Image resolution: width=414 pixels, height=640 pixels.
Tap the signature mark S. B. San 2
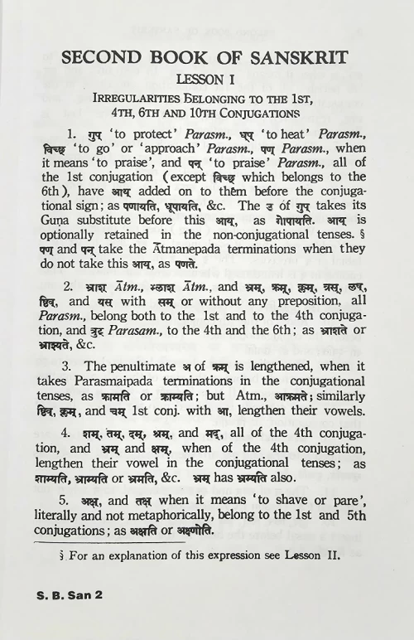(x=71, y=617)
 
